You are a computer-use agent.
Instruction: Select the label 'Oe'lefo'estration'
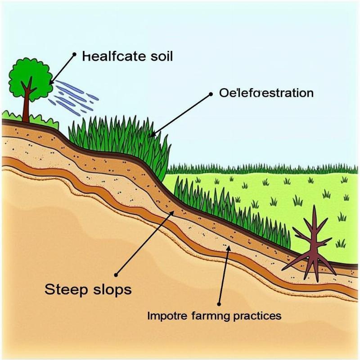tap(266, 93)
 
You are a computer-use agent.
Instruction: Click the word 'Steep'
tap(66, 289)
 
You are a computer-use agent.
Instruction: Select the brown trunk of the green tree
tap(27, 106)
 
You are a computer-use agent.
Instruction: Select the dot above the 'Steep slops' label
tap(117, 274)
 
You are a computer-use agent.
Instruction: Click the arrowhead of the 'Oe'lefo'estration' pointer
tap(152, 134)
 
